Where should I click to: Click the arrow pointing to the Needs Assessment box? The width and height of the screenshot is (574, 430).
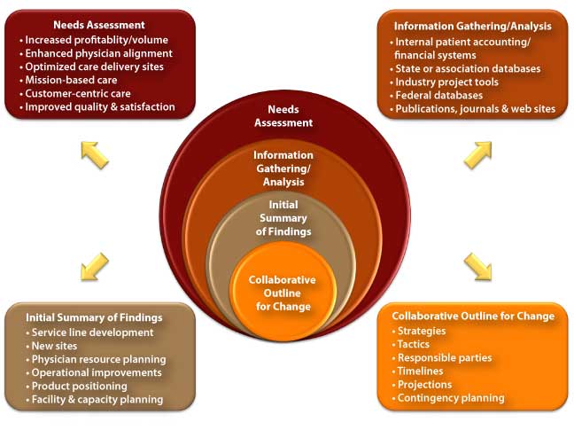[94, 152]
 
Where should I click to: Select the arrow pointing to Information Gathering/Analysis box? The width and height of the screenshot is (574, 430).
[478, 154]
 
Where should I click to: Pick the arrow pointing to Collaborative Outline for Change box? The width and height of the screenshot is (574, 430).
[478, 265]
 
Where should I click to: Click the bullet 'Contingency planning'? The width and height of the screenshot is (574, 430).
[450, 398]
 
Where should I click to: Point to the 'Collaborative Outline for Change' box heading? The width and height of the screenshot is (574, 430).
[473, 316]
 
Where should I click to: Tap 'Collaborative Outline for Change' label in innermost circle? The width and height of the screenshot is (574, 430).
[282, 293]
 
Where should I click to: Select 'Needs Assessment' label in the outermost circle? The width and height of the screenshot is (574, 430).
[283, 115]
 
